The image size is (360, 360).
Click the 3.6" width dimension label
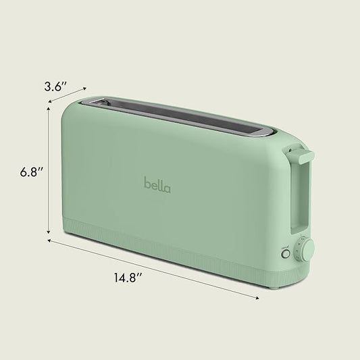point(55,86)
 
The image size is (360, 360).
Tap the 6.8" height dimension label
point(32,172)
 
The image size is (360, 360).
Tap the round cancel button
point(286,254)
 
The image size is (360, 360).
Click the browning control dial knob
point(307,250)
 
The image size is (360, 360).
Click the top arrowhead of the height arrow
point(49,108)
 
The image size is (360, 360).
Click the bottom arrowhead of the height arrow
point(49,232)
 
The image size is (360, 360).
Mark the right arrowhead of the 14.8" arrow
point(257,298)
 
